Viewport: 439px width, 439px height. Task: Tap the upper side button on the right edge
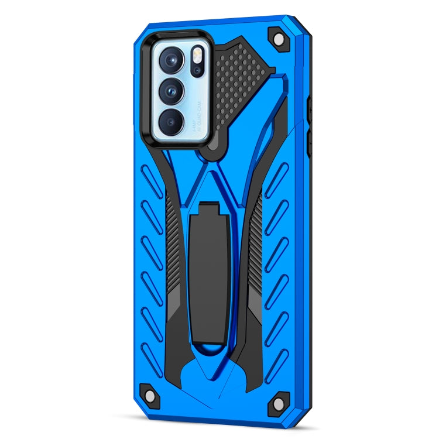311,109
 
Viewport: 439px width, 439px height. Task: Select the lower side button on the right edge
311,140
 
